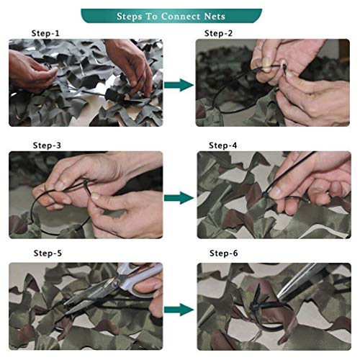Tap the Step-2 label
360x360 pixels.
pos(220,33)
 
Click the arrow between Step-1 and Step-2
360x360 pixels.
pos(179,85)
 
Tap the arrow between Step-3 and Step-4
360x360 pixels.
pos(179,196)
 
